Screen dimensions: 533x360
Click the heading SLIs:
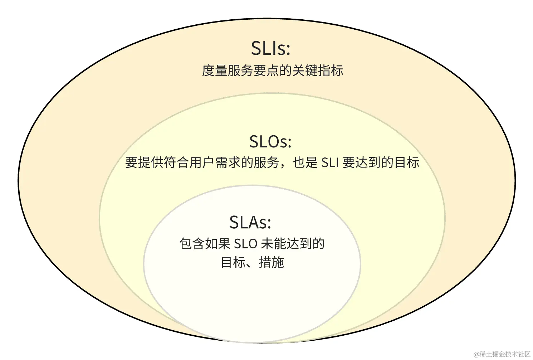point(270,48)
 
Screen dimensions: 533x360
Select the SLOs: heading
point(270,142)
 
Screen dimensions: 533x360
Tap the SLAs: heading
point(250,222)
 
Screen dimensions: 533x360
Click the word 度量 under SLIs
point(214,70)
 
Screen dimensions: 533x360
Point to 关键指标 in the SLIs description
point(318,70)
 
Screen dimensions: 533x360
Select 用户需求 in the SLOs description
point(215,163)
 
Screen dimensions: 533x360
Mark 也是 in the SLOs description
point(305,163)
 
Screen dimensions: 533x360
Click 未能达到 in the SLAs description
point(286,244)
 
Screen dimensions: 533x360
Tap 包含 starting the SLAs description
point(192,244)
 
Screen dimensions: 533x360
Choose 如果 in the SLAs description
point(218,244)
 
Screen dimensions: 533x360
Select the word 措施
point(272,262)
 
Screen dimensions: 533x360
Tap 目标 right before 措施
point(233,262)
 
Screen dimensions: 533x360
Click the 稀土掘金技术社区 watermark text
point(505,354)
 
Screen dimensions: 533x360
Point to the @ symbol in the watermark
point(476,354)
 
